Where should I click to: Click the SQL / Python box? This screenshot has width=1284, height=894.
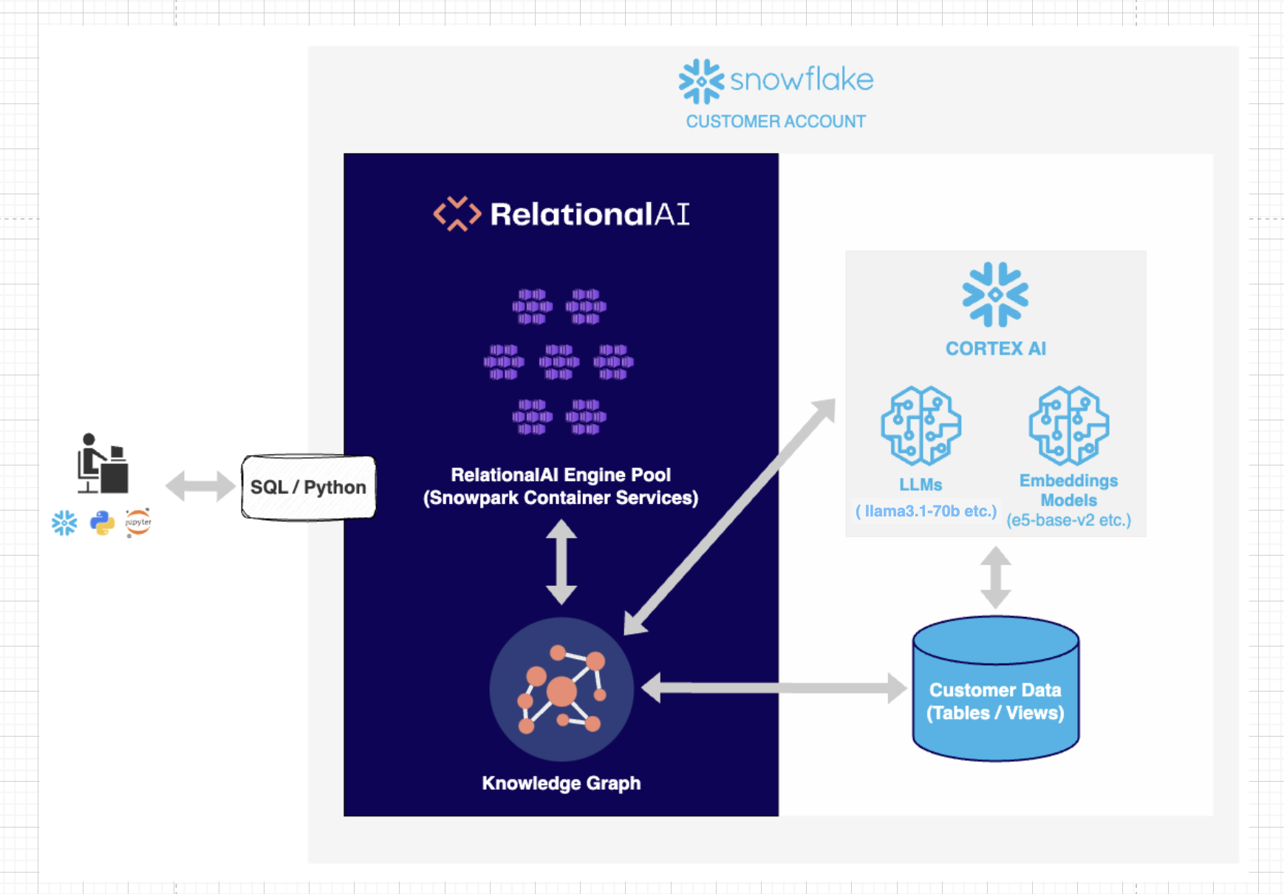point(308,488)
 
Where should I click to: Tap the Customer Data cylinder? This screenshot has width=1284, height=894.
point(995,691)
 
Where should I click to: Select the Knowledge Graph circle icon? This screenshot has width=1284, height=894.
point(561,689)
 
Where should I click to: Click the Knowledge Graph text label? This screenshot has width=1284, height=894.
point(561,783)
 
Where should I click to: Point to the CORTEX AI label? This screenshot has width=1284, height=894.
point(995,349)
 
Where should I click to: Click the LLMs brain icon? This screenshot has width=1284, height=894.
point(921,426)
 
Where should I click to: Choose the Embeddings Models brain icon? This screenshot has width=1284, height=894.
point(1068,426)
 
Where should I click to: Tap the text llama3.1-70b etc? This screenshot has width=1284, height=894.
point(926,511)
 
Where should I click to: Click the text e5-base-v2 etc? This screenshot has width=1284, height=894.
point(1068,520)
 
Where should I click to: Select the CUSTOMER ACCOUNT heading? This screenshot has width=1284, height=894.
point(776,121)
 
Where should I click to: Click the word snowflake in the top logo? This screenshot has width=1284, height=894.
point(802,80)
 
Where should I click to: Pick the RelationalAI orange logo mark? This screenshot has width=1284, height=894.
point(457,214)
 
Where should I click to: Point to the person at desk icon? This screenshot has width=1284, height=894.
point(103,463)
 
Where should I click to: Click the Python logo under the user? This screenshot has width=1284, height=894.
point(102,523)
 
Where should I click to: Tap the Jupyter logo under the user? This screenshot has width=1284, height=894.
point(138,522)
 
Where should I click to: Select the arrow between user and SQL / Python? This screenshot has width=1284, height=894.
point(199,486)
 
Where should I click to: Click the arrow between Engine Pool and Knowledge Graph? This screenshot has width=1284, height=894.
point(561,562)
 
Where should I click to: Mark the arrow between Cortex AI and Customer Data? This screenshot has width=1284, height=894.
point(995,577)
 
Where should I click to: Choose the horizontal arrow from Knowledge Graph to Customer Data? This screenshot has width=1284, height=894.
point(774,688)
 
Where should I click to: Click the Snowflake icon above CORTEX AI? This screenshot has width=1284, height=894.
point(995,294)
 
